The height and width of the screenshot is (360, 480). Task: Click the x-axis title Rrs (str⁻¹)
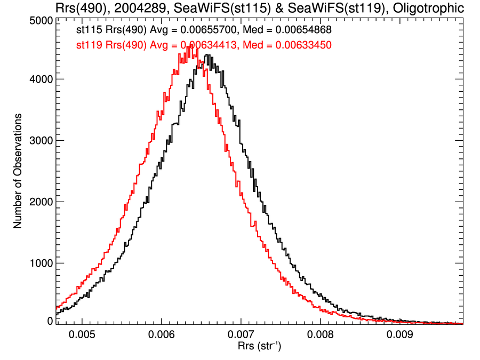(x=260, y=347)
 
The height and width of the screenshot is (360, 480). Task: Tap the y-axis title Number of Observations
(x=18, y=171)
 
